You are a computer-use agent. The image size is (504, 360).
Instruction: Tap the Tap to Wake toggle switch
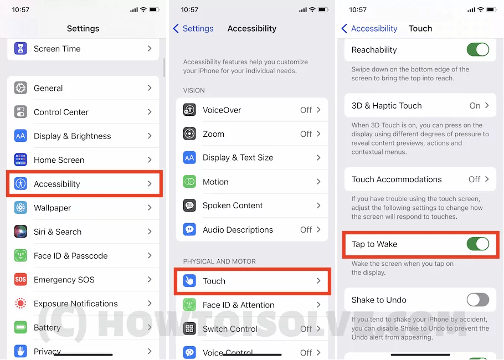coord(477,244)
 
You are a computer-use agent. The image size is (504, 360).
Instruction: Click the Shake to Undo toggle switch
coord(477,300)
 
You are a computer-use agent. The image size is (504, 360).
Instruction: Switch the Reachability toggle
coord(477,50)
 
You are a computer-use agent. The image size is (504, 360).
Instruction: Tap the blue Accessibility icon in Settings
coord(20,184)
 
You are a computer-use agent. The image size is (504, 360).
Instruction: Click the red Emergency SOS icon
coord(20,280)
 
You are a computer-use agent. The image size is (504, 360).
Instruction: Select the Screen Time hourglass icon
coord(20,49)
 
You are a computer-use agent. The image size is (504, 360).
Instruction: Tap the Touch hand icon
coord(189,281)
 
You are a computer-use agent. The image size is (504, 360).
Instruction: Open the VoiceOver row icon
coord(189,110)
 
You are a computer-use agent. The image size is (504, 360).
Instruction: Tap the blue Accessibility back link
coord(369,28)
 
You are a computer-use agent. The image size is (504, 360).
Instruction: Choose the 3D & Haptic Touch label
coord(387,106)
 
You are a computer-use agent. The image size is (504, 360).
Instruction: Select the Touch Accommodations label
coord(397,179)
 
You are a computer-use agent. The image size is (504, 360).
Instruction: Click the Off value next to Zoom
coord(306,134)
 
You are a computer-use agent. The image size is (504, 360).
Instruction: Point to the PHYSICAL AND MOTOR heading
coord(219,261)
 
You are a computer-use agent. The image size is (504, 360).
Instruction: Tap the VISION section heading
coord(194,90)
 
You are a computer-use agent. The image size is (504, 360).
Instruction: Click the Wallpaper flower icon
coord(20,208)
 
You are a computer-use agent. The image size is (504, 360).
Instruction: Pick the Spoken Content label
coord(233,205)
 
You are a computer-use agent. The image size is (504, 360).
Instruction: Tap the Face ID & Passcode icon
coord(20,256)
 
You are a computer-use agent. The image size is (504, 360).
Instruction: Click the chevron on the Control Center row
coord(150,112)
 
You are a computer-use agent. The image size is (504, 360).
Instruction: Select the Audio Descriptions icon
coord(189,229)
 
